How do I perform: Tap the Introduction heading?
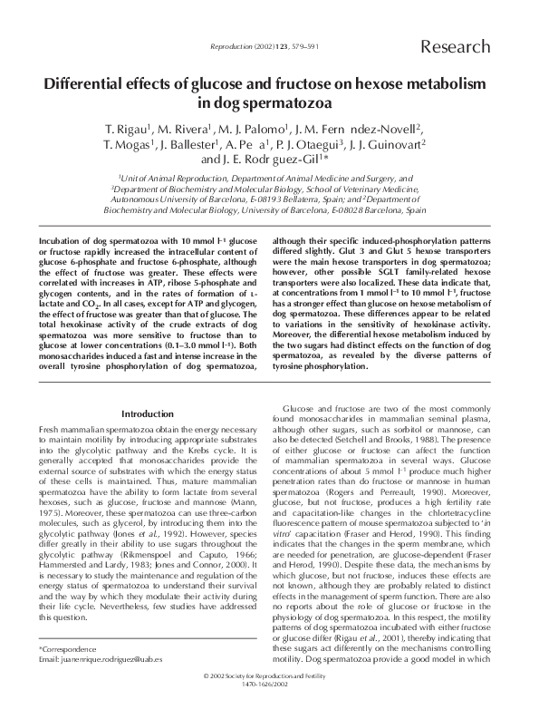147,413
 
